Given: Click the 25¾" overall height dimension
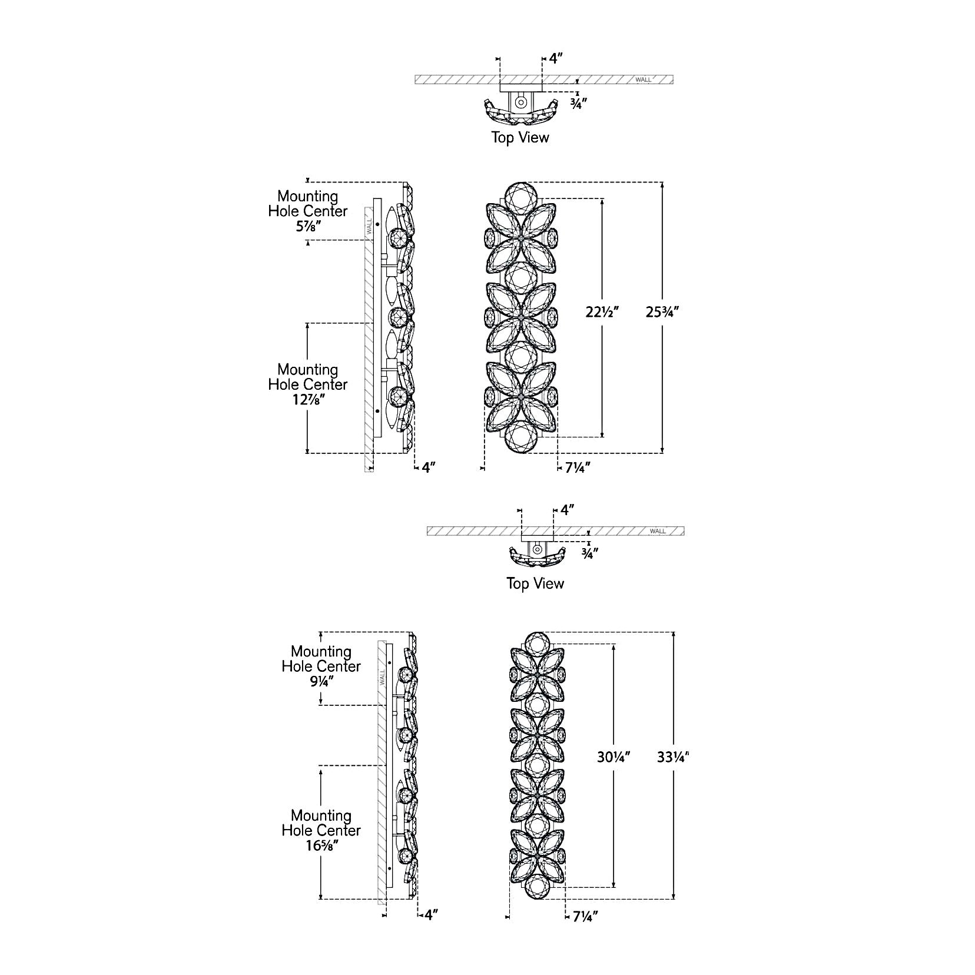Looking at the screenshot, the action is tap(662, 313).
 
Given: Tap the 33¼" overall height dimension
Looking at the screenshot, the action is tap(673, 758).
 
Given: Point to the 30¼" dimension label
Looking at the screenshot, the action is tap(613, 758).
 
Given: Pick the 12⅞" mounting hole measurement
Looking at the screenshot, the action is tap(307, 399).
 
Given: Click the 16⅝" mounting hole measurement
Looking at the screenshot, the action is tap(321, 845).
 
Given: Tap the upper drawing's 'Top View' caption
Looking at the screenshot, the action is tap(520, 138).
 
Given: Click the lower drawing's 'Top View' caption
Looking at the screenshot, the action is tap(535, 583).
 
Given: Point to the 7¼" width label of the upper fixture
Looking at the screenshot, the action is tap(577, 467).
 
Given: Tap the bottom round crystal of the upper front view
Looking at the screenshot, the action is tap(522, 438).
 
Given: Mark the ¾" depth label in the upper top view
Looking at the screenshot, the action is tap(578, 102).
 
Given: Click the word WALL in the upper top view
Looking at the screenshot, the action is tap(644, 79).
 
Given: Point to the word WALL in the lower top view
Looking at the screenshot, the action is tap(658, 531).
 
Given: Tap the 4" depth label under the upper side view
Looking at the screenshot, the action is tap(428, 467).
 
